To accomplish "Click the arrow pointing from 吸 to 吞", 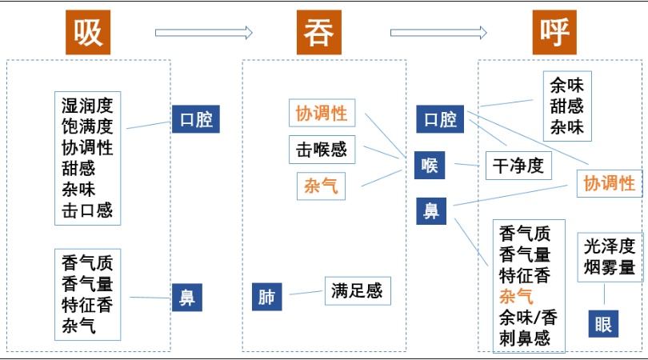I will [203, 33].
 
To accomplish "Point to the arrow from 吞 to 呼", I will [438, 33].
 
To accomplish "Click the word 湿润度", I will [87, 105].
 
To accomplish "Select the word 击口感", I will [87, 211].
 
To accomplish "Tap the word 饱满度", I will [87, 126].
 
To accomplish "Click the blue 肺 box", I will [266, 297].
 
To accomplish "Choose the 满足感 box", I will [358, 291].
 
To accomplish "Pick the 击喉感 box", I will [322, 150].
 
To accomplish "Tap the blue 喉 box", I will [430, 166].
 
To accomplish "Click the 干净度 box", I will [518, 166].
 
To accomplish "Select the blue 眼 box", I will [603, 324].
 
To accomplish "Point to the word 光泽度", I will [610, 246].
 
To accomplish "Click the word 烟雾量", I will [610, 267].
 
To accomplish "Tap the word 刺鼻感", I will [525, 338].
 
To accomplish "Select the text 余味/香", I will [528, 318].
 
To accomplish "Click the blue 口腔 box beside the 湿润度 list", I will [195, 120].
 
